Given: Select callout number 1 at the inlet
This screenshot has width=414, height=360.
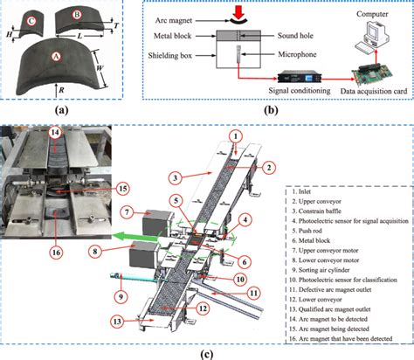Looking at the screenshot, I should click(235, 136).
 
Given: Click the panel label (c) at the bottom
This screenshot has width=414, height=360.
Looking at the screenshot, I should click(206, 352).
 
